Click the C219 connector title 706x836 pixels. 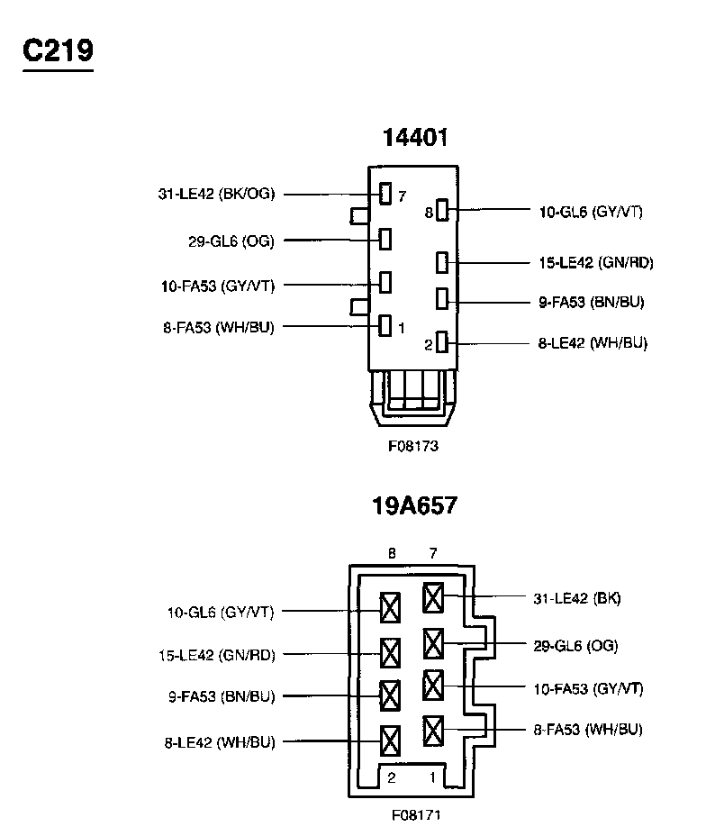click(58, 51)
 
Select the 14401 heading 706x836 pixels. click(415, 138)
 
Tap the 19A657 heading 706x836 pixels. click(414, 506)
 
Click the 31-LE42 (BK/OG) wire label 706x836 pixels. click(216, 194)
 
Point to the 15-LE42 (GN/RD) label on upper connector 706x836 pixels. click(596, 262)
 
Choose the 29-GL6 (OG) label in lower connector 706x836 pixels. click(576, 646)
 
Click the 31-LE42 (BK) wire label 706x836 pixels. click(577, 598)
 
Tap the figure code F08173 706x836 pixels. click(413, 446)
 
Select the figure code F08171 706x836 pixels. click(416, 815)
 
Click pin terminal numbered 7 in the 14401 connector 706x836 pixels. click(385, 194)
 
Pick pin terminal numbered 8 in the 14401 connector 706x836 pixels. click(442, 210)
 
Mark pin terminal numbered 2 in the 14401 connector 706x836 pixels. click(442, 341)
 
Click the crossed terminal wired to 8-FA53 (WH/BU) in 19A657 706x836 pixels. click(432, 731)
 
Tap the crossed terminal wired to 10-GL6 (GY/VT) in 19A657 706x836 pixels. click(390, 608)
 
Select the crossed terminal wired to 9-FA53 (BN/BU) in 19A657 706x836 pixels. click(390, 695)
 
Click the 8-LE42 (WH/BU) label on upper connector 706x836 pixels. click(593, 343)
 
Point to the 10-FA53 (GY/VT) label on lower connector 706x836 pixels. click(588, 689)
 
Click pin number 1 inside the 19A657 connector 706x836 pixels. click(432, 777)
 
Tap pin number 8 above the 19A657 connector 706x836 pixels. click(392, 553)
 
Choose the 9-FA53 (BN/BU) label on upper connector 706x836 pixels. click(592, 303)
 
